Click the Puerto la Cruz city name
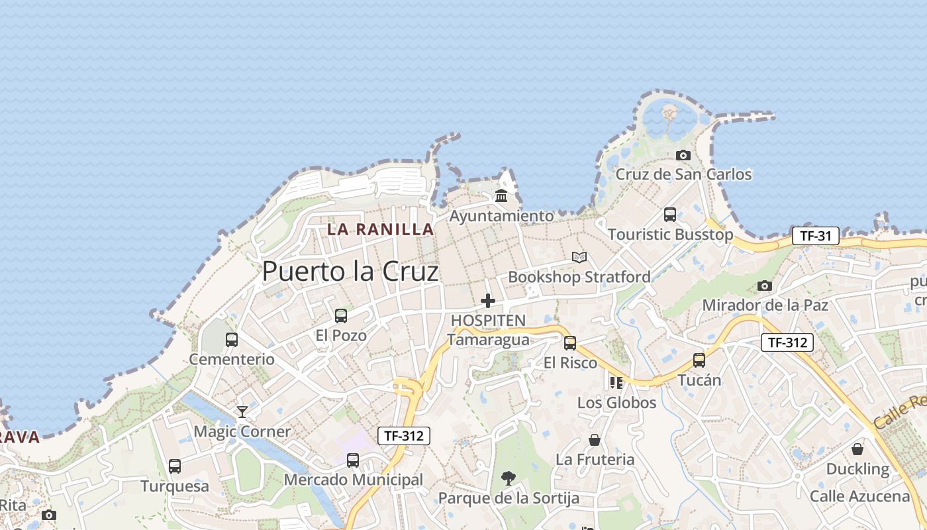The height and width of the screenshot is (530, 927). click(x=350, y=272)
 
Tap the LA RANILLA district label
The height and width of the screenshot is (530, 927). click(x=381, y=230)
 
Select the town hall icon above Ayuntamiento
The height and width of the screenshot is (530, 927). click(x=501, y=196)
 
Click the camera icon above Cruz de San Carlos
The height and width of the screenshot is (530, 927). click(x=683, y=155)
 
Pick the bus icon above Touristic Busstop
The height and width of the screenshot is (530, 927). click(x=670, y=215)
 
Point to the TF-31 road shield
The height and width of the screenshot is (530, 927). click(x=816, y=236)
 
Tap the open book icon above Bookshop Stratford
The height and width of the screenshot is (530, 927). click(x=579, y=257)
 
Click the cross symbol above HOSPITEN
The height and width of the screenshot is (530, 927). click(x=488, y=301)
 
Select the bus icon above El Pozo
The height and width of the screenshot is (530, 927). click(x=341, y=315)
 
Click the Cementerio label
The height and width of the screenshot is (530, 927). click(x=232, y=359)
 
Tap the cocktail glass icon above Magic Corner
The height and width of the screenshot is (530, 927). click(x=242, y=412)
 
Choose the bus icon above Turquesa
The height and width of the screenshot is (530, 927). click(x=175, y=466)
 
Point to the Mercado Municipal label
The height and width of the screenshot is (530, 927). click(x=354, y=480)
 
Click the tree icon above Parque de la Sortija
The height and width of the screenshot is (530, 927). click(x=509, y=478)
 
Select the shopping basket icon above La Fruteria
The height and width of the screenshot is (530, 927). click(x=595, y=440)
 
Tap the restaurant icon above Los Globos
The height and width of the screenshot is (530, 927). click(x=616, y=382)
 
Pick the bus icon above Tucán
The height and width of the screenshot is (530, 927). click(x=699, y=360)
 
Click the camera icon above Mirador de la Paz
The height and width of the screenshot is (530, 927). click(x=765, y=286)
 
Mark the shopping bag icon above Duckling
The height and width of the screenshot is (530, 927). click(x=857, y=449)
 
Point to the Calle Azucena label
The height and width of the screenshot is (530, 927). click(x=860, y=496)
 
